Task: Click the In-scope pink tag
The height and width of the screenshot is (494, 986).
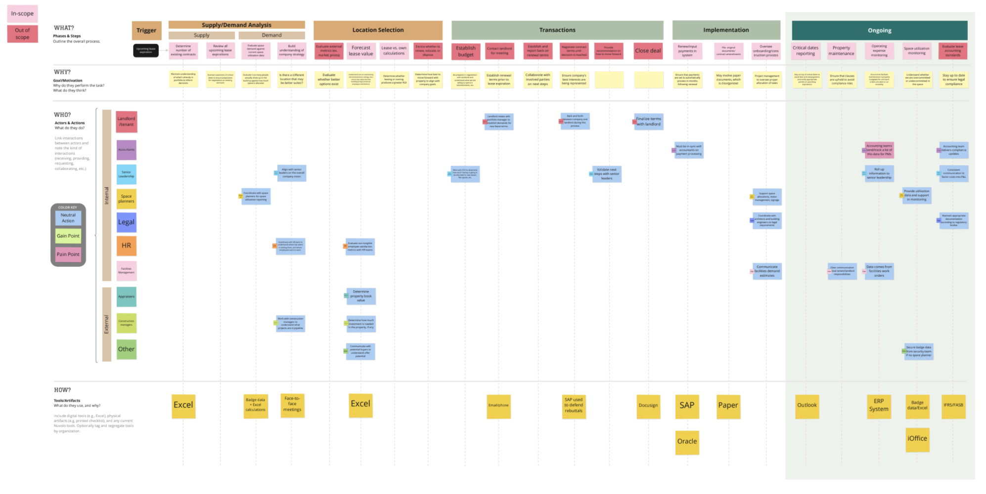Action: pyautogui.click(x=22, y=14)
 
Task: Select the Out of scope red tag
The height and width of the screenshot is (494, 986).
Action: pyautogui.click(x=22, y=34)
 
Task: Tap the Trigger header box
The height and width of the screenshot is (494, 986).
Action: pyautogui.click(x=146, y=31)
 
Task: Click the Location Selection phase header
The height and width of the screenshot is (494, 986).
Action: pyautogui.click(x=378, y=30)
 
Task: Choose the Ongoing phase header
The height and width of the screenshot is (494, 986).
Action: pyautogui.click(x=879, y=31)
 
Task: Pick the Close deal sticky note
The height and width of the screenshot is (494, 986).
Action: pyautogui.click(x=648, y=51)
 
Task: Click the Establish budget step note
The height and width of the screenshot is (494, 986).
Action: pyautogui.click(x=465, y=51)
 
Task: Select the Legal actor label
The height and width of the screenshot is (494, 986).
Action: pyautogui.click(x=126, y=222)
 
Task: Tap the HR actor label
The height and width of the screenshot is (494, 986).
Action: pyautogui.click(x=126, y=246)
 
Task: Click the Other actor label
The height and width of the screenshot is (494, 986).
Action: pyautogui.click(x=126, y=349)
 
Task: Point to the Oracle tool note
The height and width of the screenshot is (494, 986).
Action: pyautogui.click(x=687, y=442)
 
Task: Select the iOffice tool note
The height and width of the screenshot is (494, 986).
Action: pyautogui.click(x=917, y=439)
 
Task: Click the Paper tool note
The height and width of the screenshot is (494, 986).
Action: pyautogui.click(x=728, y=406)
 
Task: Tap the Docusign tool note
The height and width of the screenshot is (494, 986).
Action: pyautogui.click(x=648, y=406)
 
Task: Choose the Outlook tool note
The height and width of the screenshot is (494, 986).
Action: pyautogui.click(x=807, y=406)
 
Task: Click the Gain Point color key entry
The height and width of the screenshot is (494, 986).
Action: pyautogui.click(x=68, y=236)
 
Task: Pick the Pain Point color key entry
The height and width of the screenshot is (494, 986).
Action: pyautogui.click(x=68, y=254)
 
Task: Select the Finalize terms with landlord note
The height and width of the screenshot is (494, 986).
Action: pyautogui.click(x=648, y=122)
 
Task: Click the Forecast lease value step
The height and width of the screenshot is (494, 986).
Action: pyautogui.click(x=361, y=51)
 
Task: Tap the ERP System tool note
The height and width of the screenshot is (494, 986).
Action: pyautogui.click(x=879, y=406)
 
